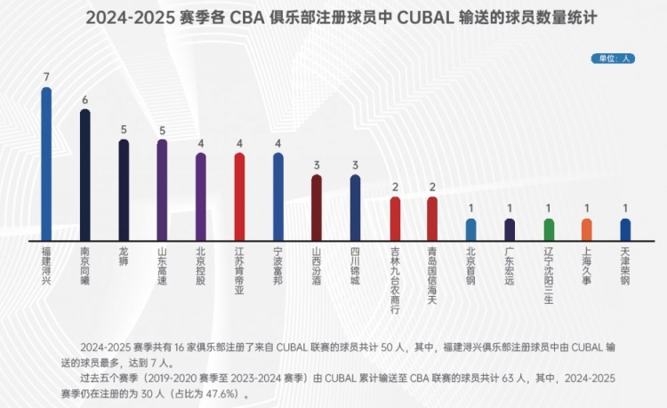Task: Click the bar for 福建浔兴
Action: point(46,164)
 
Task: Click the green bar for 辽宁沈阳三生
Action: point(549,230)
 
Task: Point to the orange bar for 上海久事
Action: point(587,230)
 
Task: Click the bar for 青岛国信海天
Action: point(432,219)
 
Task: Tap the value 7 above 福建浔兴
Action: point(46,77)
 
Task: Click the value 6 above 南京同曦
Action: point(85,100)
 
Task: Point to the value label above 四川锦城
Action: point(355,164)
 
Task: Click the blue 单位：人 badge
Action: point(613,59)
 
